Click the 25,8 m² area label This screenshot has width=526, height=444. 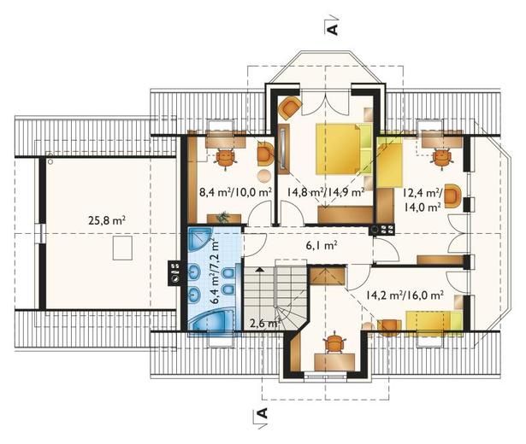pos(107,220)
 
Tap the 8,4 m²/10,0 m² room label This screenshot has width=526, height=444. pos(235,192)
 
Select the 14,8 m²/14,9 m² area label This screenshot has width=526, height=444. pos(326,192)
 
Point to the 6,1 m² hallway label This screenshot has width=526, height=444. pos(322,246)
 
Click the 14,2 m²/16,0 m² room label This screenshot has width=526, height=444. pos(405,295)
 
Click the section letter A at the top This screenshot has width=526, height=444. pos(332,29)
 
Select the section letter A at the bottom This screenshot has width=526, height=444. pos(263,413)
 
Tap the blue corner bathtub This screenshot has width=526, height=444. pos(213,321)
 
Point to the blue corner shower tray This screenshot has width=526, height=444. pos(200,239)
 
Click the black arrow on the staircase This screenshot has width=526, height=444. pos(259,269)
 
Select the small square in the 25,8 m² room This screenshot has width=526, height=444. pos(122,248)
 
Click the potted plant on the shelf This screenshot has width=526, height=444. pos(222,217)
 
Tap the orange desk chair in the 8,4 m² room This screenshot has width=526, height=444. pos(225,159)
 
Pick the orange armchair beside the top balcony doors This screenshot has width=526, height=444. pos(290,107)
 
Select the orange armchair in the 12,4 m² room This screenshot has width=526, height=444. pos(452,196)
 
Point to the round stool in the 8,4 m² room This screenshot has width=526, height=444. pos(265,175)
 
